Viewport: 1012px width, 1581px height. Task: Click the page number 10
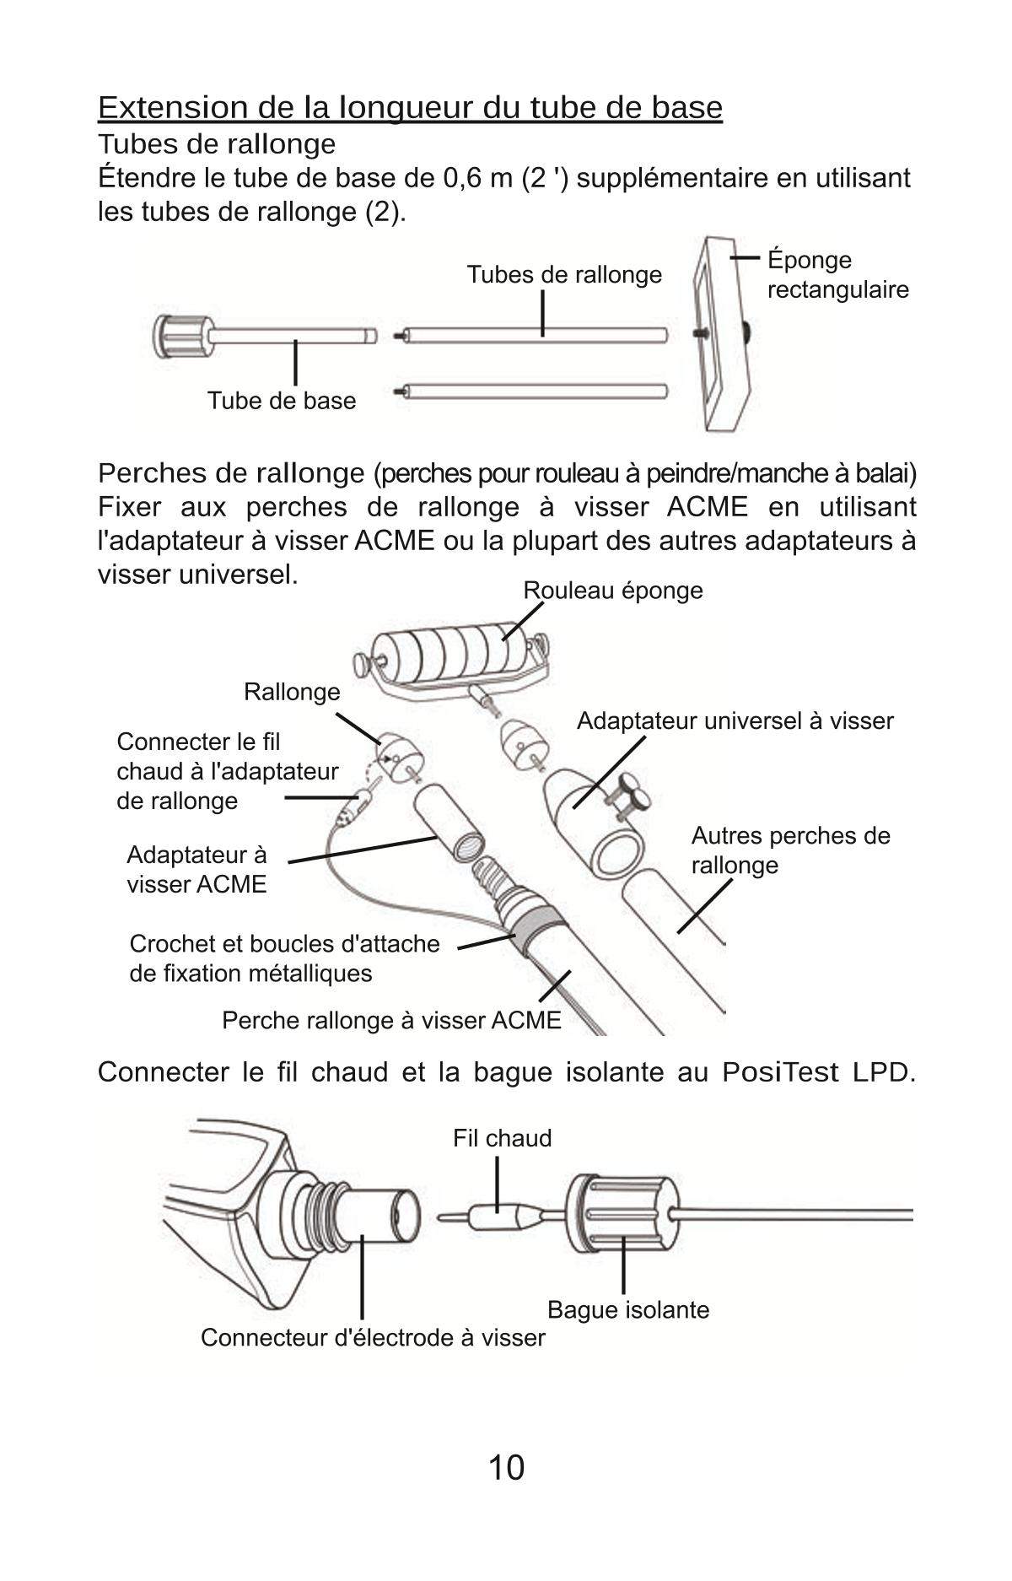tap(506, 1467)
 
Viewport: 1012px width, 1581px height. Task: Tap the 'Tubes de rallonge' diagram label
tap(564, 275)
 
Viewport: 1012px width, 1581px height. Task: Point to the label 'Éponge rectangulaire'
tap(838, 275)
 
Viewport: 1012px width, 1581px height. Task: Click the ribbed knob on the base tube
tap(181, 337)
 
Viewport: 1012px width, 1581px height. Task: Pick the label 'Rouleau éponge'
tap(613, 590)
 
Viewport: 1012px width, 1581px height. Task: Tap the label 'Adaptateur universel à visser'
tap(735, 721)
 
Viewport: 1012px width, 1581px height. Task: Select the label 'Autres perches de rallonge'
tap(791, 850)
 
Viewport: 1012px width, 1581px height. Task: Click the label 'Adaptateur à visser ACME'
tap(196, 869)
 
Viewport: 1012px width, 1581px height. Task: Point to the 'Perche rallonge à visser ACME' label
tap(391, 1021)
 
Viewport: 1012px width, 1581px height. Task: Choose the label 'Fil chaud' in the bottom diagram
tap(503, 1138)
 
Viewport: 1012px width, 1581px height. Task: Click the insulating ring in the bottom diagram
tap(622, 1215)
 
